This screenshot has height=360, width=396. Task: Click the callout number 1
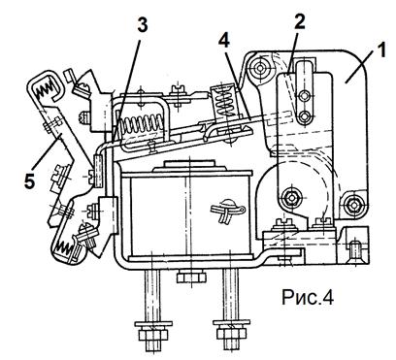(381, 50)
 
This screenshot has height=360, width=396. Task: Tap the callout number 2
(299, 22)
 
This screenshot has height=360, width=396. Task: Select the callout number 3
(143, 24)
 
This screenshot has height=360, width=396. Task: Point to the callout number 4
(224, 41)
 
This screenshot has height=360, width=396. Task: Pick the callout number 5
(29, 181)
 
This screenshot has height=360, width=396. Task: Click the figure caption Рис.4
(308, 297)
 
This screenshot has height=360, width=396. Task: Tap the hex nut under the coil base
(191, 278)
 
